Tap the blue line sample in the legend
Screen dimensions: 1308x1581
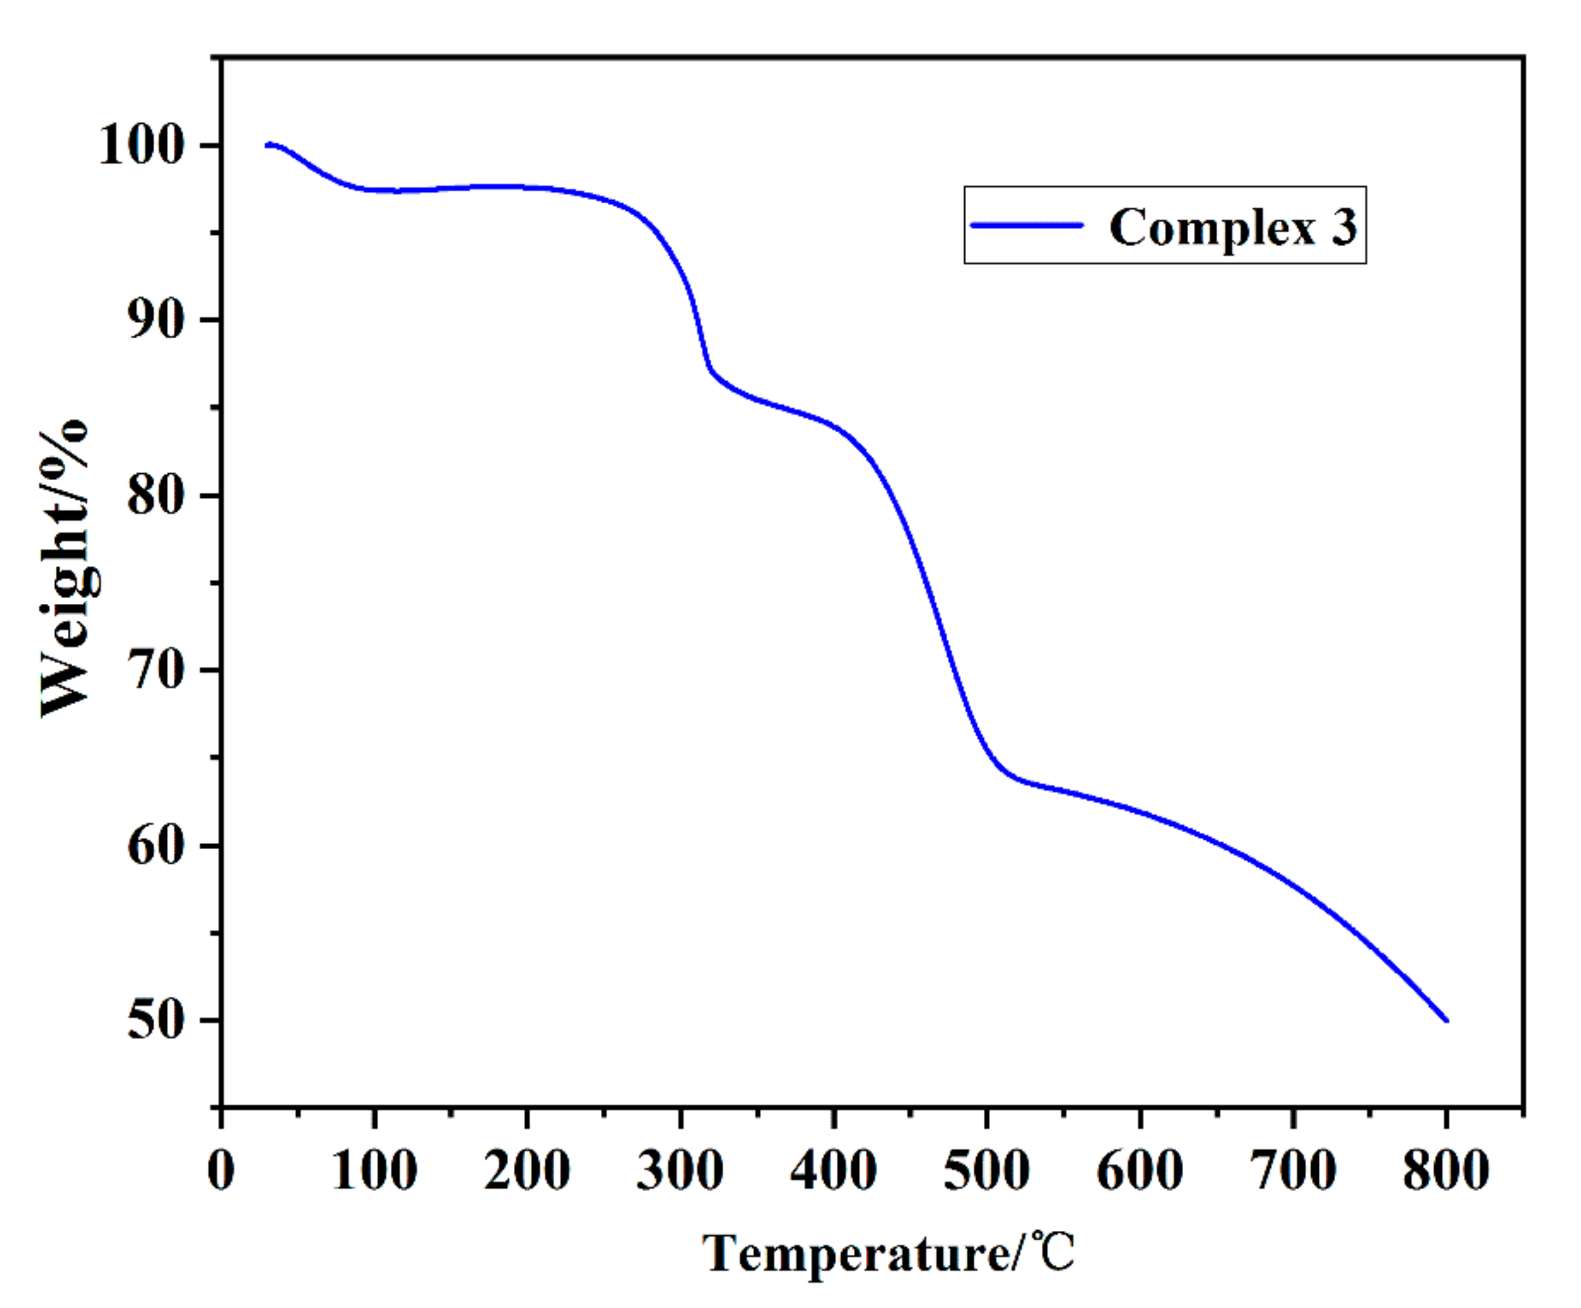(1027, 225)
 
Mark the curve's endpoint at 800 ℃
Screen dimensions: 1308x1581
(1446, 1021)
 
